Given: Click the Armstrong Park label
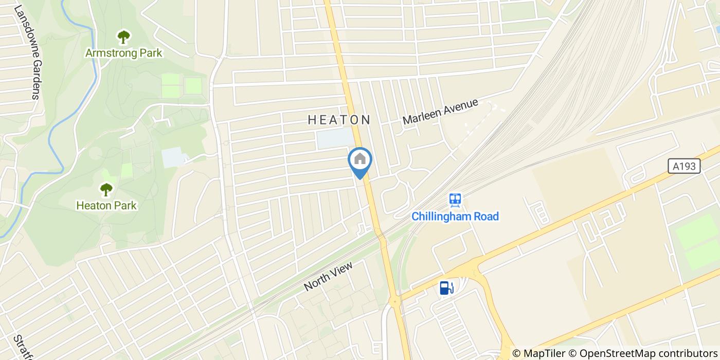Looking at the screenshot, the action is coord(123,52).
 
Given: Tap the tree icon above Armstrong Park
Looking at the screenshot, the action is coord(123,37).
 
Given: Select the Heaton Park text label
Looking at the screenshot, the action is coord(106,205).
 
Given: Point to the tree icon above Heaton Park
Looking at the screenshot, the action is coord(106,190).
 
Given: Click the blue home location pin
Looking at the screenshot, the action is coord(360,160).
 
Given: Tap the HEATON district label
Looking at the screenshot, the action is coord(339,120).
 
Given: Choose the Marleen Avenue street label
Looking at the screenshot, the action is coord(440,112).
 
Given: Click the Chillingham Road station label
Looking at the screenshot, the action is coord(455,216).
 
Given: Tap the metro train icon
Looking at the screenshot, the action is coord(455,199).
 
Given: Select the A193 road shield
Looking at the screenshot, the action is coord(685,166).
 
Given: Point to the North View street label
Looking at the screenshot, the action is coord(329,276).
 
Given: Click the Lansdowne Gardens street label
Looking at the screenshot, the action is coord(28,51).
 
